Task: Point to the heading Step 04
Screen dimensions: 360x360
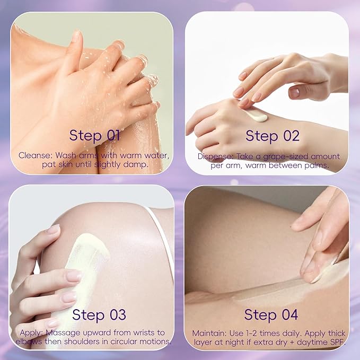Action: [x=271, y=314]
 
